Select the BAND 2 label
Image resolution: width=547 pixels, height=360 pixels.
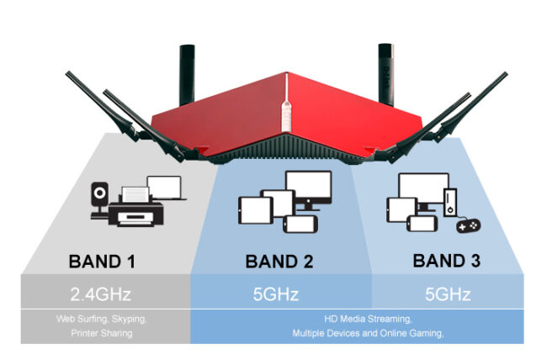point(279,262)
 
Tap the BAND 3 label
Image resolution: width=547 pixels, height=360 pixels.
point(446,261)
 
